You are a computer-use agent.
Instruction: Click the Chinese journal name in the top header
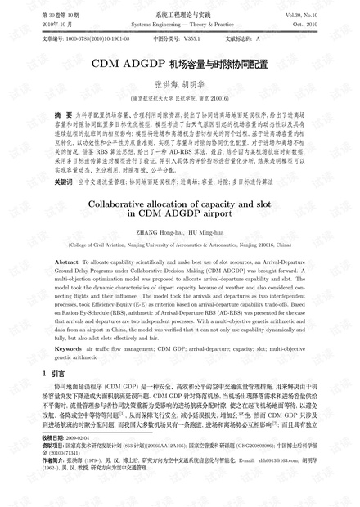point(181,15)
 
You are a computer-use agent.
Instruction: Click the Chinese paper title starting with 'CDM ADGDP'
point(180,62)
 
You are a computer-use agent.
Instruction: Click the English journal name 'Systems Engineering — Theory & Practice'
point(180,25)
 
